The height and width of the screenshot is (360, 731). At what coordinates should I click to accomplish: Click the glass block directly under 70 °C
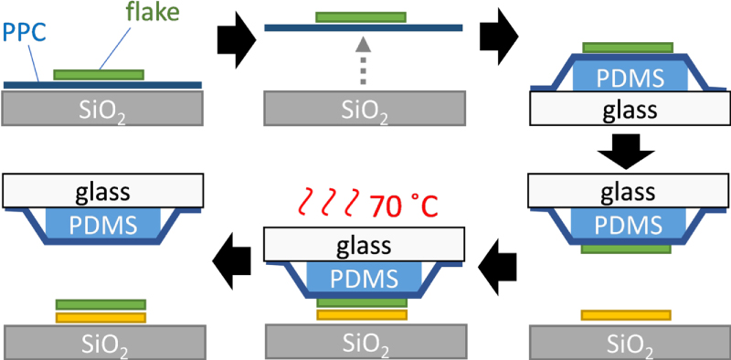[x=364, y=244]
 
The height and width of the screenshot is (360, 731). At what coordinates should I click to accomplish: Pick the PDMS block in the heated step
[x=364, y=278]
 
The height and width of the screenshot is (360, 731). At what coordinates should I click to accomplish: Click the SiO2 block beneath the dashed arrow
[x=364, y=109]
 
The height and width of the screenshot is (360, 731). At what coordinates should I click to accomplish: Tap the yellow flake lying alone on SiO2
[x=628, y=315]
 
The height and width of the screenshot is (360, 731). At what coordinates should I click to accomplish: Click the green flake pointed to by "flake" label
[x=99, y=73]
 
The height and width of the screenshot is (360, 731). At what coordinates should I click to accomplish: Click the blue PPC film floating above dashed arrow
[x=363, y=28]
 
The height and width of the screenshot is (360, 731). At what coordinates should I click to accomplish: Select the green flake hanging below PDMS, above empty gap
[x=628, y=247]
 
